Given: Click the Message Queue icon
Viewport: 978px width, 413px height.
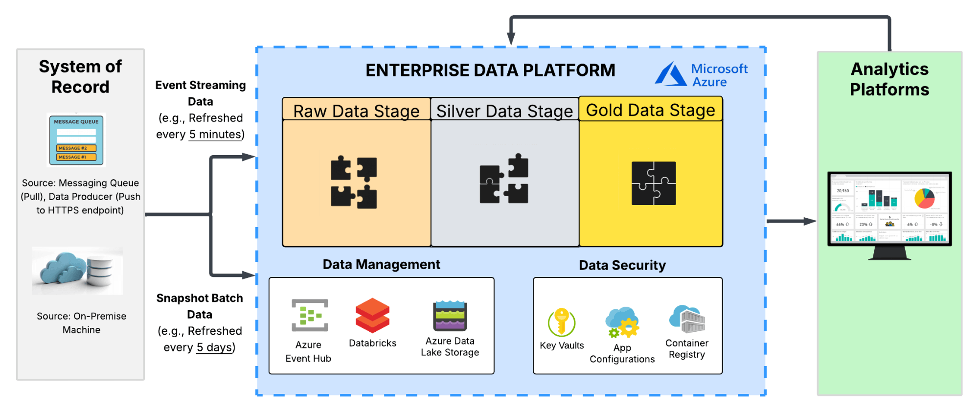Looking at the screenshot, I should [x=76, y=140].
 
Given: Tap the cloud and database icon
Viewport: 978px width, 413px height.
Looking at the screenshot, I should [x=77, y=271].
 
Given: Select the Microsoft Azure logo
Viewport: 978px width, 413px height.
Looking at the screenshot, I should [x=701, y=74].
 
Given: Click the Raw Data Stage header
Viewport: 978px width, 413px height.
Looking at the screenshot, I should [x=356, y=111].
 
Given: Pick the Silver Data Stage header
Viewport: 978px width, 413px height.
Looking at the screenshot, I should [x=504, y=111].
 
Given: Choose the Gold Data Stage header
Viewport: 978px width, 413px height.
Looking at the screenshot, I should [x=651, y=110].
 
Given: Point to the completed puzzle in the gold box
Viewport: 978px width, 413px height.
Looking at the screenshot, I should [x=654, y=183].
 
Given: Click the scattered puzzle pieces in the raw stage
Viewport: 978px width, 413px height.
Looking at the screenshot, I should [x=354, y=182].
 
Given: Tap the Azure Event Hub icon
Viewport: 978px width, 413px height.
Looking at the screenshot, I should [x=309, y=315].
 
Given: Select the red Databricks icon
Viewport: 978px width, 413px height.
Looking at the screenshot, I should [x=372, y=316].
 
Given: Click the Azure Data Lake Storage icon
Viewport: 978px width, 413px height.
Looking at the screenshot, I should [x=450, y=316].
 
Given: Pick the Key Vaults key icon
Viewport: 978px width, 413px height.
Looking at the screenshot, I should [x=562, y=322].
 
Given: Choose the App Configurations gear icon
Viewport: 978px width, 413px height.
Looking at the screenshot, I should [x=622, y=323].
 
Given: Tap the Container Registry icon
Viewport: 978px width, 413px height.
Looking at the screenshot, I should [x=687, y=319].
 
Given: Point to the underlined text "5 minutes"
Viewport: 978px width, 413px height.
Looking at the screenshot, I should [x=216, y=134].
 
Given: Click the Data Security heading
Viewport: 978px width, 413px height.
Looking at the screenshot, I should [x=622, y=265].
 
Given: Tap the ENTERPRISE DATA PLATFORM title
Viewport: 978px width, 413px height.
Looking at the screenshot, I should [x=490, y=70].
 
